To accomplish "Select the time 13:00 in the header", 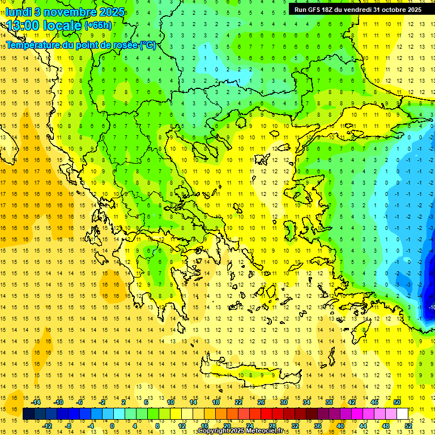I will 25,25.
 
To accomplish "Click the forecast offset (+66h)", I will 98,25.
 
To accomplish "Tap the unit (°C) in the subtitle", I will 148,45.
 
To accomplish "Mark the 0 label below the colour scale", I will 112,425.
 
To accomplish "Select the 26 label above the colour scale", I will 261,402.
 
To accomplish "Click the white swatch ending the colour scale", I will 402,414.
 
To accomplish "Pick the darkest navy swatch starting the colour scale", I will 28,414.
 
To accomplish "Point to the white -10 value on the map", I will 431,307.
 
